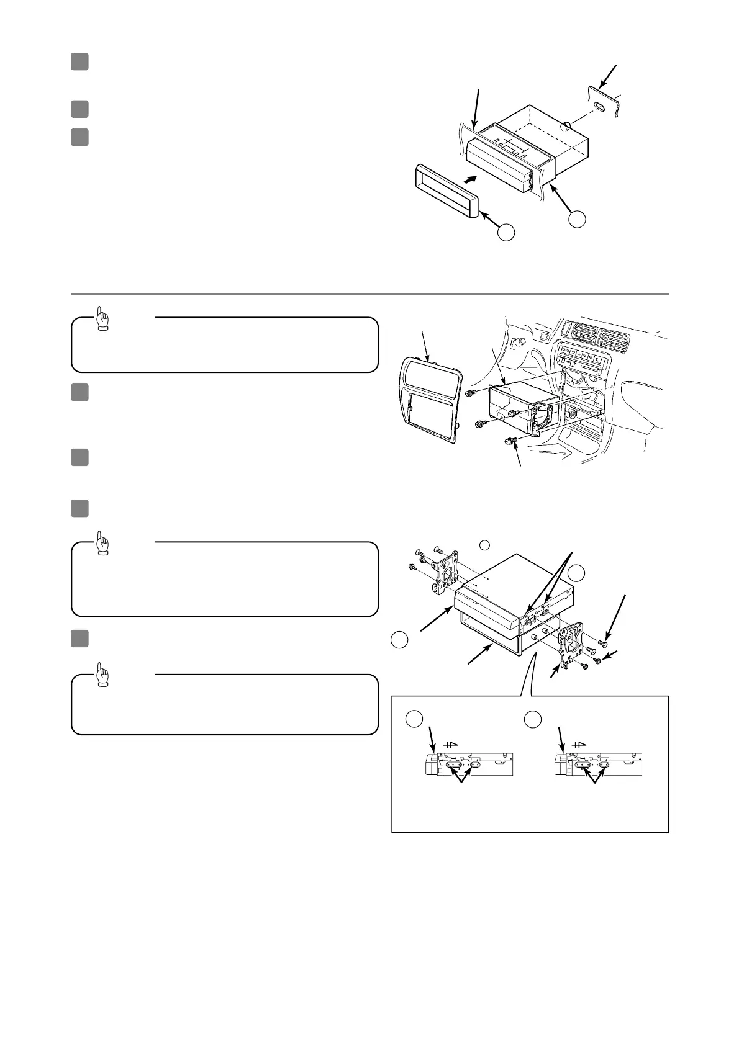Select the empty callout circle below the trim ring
click(x=507, y=233)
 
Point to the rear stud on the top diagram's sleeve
click(x=566, y=128)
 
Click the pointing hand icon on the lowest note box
click(x=103, y=674)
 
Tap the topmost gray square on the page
click(x=79, y=61)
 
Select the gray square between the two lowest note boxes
click(x=79, y=639)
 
